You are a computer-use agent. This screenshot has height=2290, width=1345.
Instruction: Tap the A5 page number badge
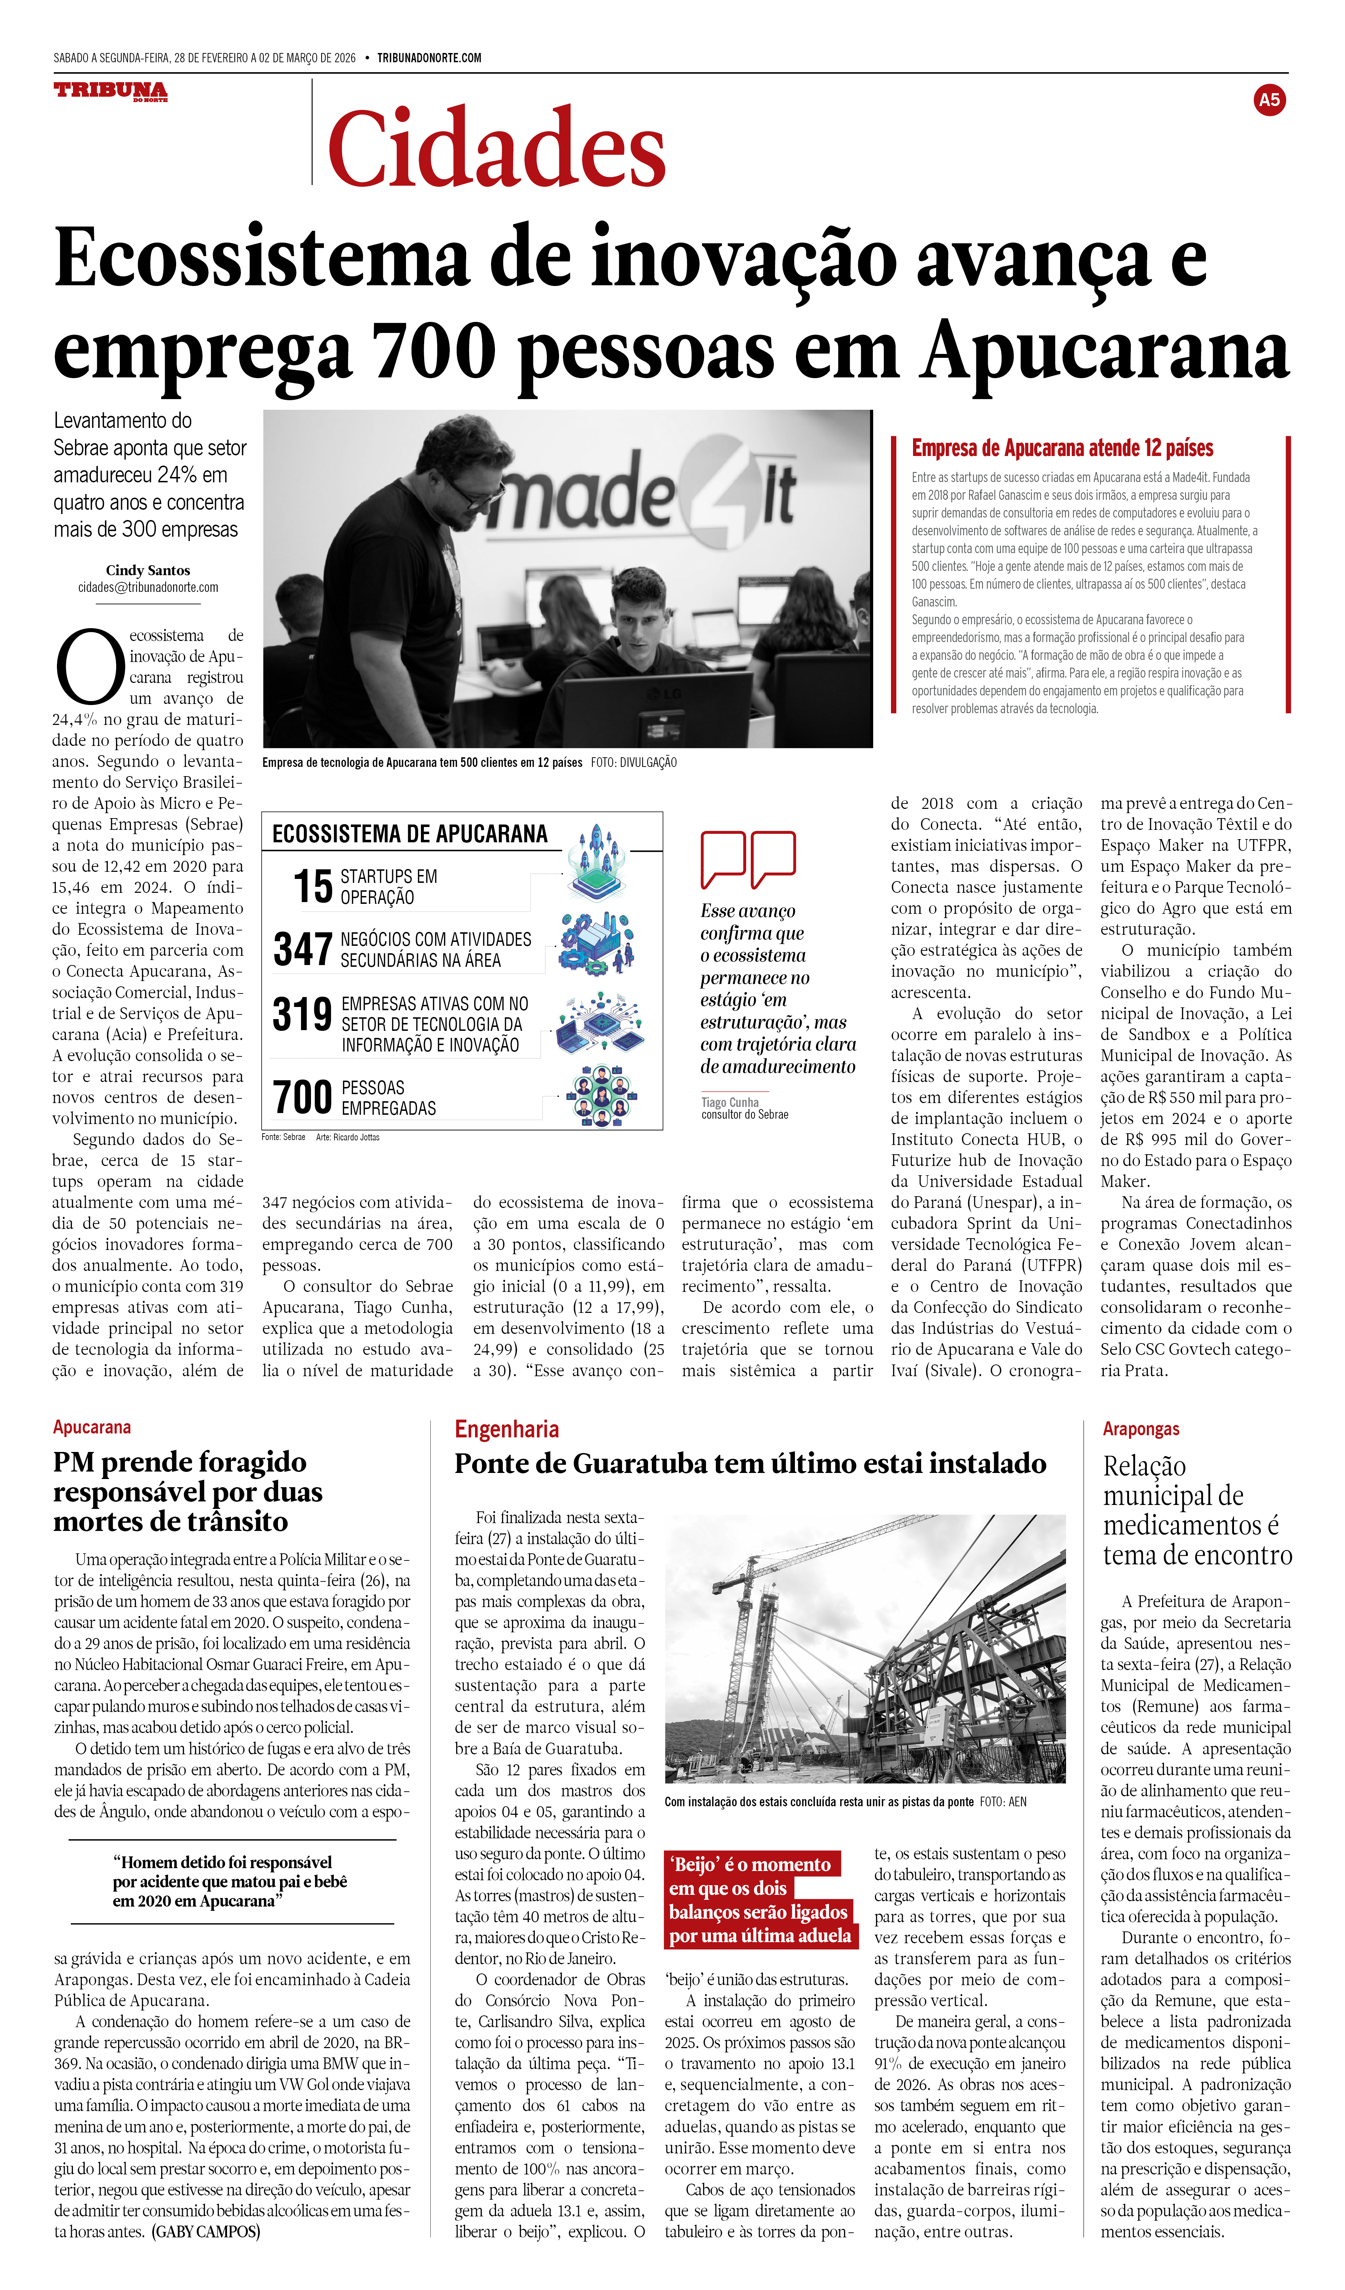click(1268, 100)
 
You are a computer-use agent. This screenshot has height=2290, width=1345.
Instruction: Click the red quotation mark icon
click(748, 859)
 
